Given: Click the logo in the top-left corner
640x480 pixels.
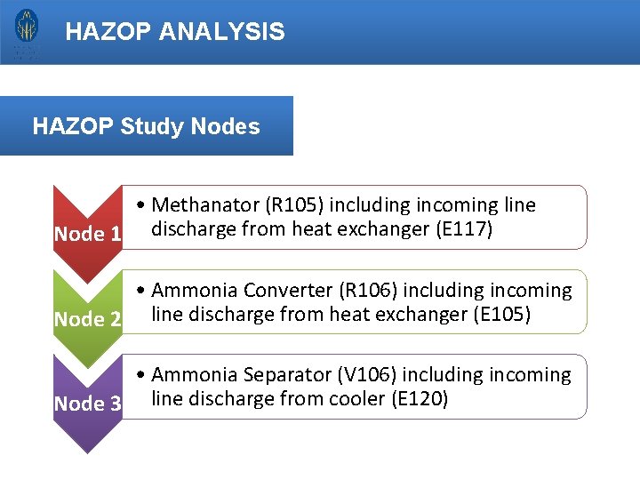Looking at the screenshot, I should [x=26, y=32].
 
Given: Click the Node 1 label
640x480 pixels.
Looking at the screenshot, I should [x=87, y=235].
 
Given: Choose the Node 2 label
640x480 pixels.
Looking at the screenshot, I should [x=87, y=319].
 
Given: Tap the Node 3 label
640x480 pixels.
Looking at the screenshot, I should [x=87, y=404].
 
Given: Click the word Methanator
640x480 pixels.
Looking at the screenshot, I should [x=201, y=205].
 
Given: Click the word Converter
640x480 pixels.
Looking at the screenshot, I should [x=275, y=291].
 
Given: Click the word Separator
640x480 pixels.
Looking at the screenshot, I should [x=275, y=375].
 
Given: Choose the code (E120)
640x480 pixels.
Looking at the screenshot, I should [x=420, y=399].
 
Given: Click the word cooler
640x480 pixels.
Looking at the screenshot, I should [x=355, y=399].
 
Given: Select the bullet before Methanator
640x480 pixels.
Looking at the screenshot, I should [x=142, y=206].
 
